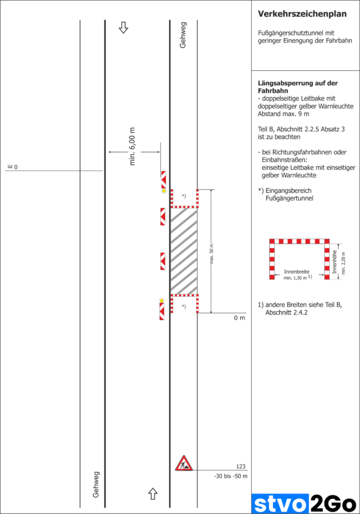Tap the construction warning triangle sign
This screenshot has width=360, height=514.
coord(183,463)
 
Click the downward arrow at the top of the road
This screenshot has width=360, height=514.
coord(124,27)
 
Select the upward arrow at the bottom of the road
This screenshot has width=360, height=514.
coord(152,493)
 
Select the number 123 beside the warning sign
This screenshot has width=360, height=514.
coord(241,467)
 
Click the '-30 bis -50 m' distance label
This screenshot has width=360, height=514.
coord(230,476)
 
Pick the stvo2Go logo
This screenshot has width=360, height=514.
coord(305,503)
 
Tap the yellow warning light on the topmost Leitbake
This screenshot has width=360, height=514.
coord(164,190)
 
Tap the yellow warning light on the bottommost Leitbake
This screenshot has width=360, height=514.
coord(161,300)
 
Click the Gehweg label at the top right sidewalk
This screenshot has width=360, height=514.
coord(183,38)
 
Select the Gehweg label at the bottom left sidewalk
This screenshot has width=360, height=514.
coord(96,485)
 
